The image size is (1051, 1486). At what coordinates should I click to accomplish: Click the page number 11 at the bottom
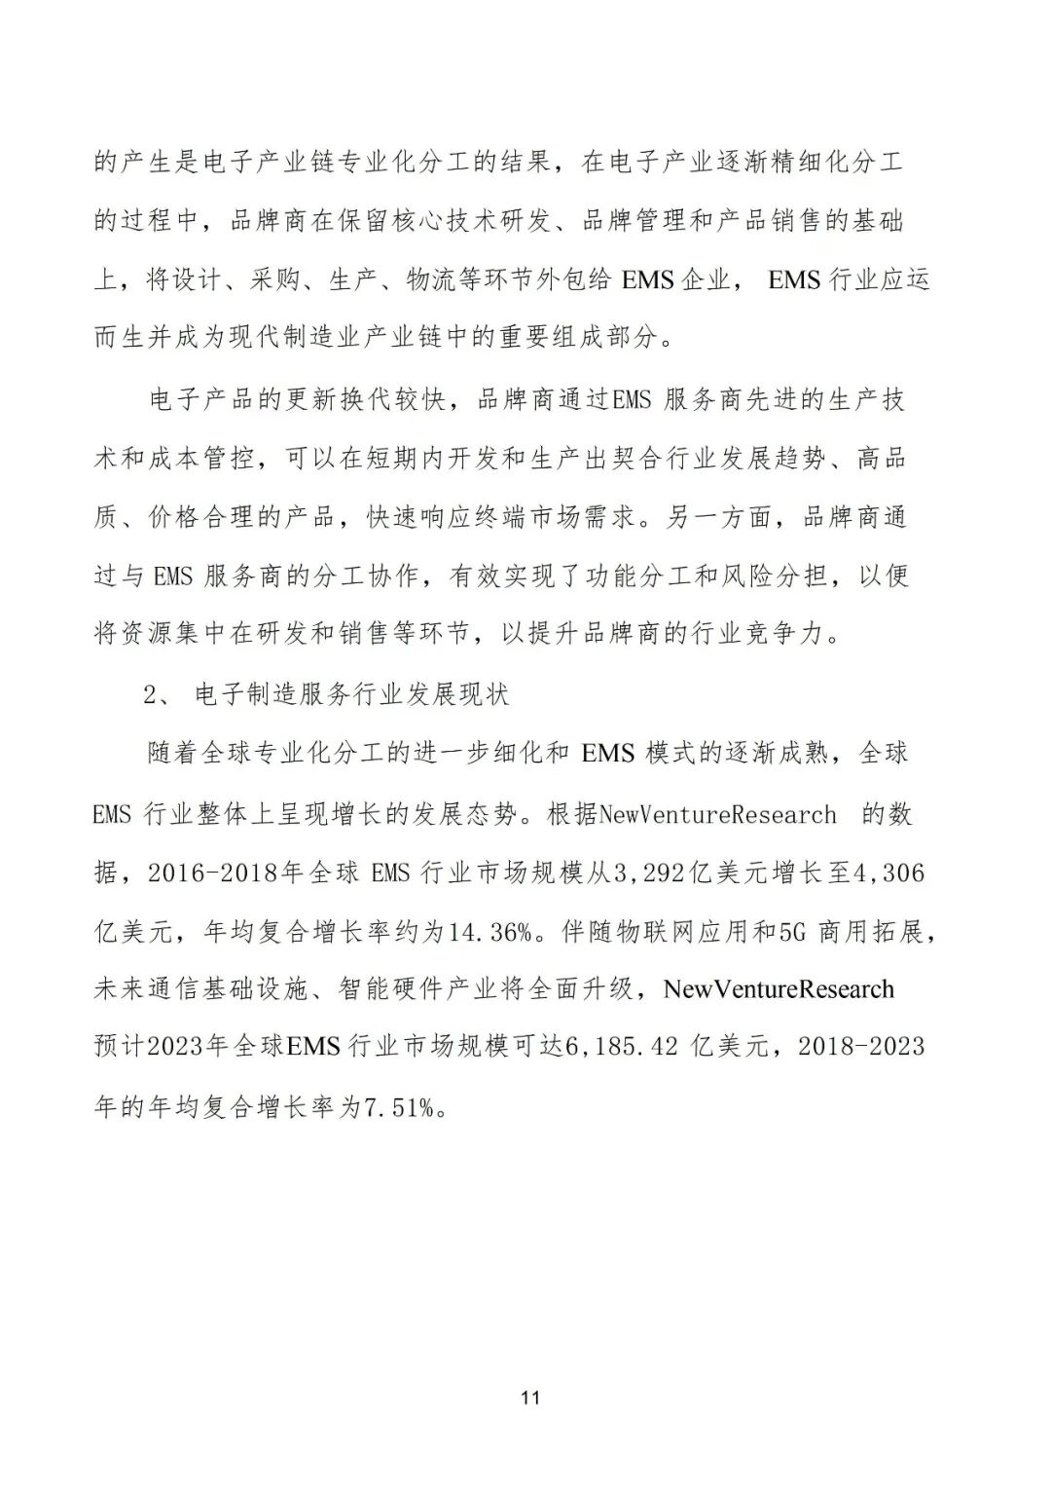click(x=529, y=1398)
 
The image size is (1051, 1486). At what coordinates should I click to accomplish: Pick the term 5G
click(x=794, y=931)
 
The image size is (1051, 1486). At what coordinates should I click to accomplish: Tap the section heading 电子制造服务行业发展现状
click(x=352, y=695)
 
